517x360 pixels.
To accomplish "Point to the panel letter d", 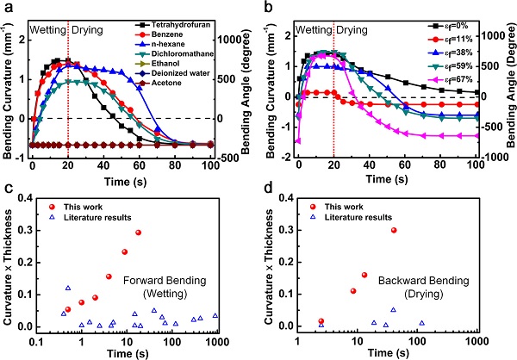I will pos(267,189).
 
